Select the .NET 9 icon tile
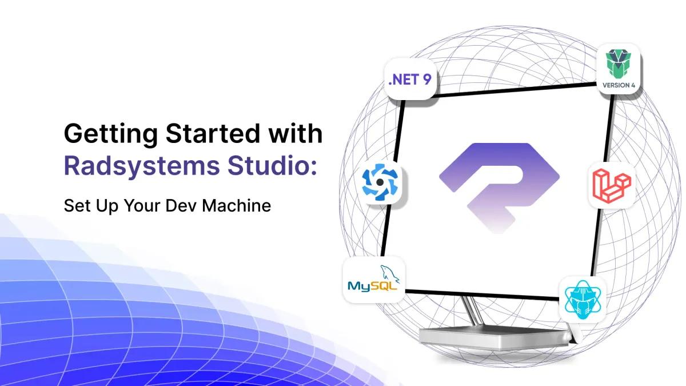[409, 79]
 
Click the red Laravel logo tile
[611, 185]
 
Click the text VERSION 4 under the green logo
[618, 86]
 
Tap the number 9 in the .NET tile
[426, 79]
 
